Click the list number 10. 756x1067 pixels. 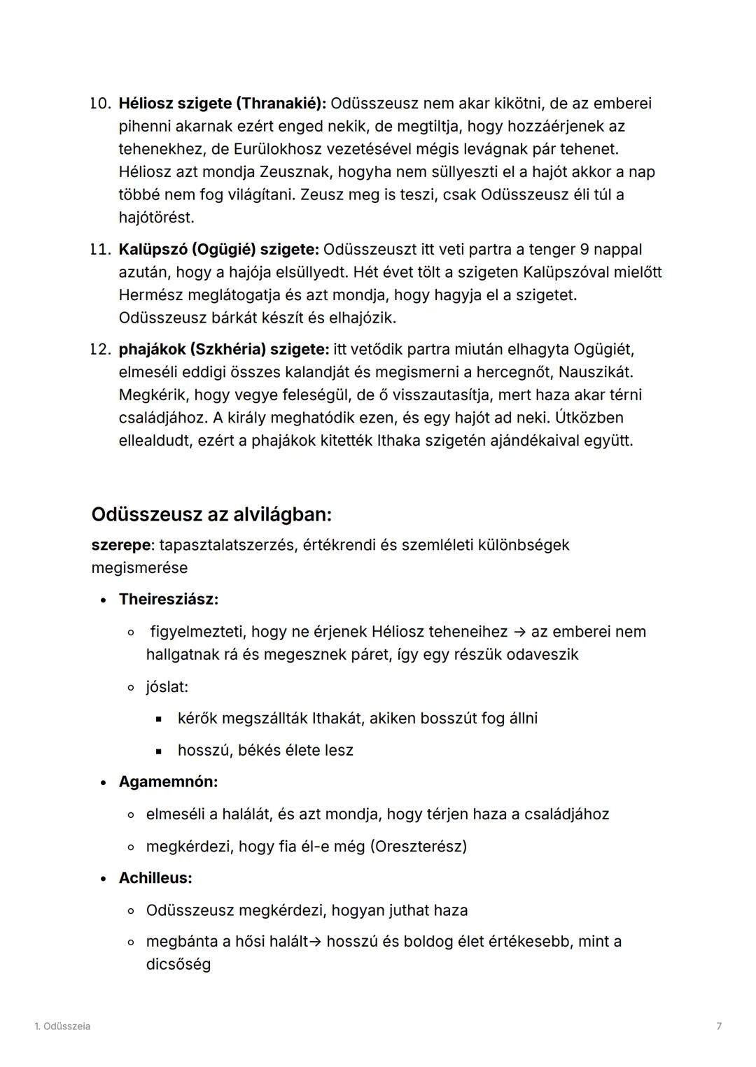pos(101,104)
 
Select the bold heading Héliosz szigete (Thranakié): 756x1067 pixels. pos(222,104)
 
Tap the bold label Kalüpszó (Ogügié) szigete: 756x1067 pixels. pos(218,250)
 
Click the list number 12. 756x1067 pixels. pos(101,349)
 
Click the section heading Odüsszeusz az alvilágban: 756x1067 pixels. pos(211,515)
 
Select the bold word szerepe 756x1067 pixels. pos(120,545)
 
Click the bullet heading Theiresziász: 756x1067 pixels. pos(168,600)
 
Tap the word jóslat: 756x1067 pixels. pos(167,687)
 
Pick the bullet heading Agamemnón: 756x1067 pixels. pos(168,782)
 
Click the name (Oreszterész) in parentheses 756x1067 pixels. pos(419,847)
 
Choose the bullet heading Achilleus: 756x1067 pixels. pos(155,878)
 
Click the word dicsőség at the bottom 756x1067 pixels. pos(178,965)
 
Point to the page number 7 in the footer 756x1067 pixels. pos(719,1026)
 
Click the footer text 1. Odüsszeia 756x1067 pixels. pos(62,1026)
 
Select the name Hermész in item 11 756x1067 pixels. pos(150,295)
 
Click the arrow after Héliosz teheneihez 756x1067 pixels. pos(519,632)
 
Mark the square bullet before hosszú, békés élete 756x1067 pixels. pos(159,751)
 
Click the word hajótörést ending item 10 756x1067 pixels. pos(156,218)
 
